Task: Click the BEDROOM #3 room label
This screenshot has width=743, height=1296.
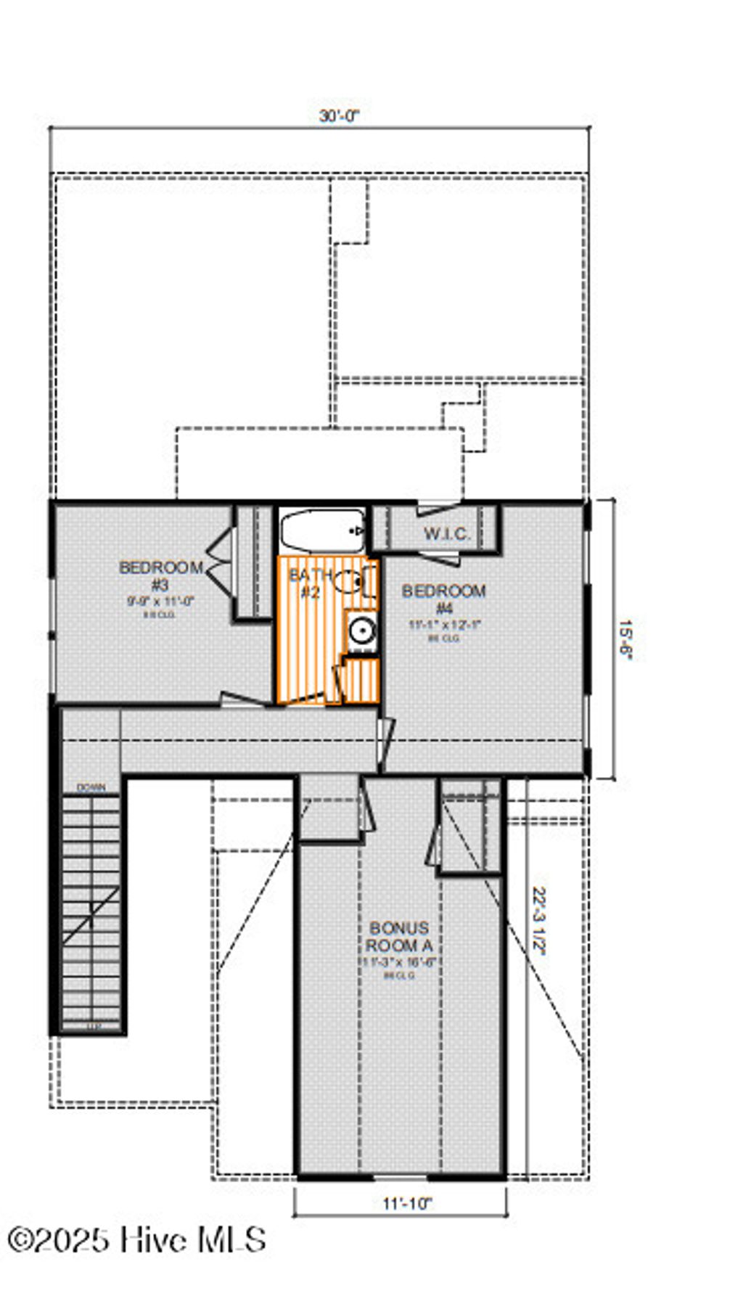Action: point(161,575)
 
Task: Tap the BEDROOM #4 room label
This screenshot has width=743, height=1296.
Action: point(444,599)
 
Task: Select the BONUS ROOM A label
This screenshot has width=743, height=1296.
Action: point(399,936)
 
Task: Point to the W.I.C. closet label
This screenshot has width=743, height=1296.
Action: point(447,535)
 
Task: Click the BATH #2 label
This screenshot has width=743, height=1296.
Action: point(311,583)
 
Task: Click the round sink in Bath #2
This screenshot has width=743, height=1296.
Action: point(361,630)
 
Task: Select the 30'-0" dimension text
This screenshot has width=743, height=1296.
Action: point(340,116)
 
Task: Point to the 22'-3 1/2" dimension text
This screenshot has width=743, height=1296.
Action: point(539,921)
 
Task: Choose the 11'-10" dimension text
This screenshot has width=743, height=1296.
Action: point(407,1204)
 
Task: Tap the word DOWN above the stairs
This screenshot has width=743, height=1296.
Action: point(91,787)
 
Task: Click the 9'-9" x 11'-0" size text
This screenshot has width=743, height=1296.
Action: point(161,601)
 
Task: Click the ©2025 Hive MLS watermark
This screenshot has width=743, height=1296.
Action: point(136,1239)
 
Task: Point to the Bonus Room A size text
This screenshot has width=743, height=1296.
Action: point(399,963)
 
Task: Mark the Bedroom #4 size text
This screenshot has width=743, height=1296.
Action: point(444,624)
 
